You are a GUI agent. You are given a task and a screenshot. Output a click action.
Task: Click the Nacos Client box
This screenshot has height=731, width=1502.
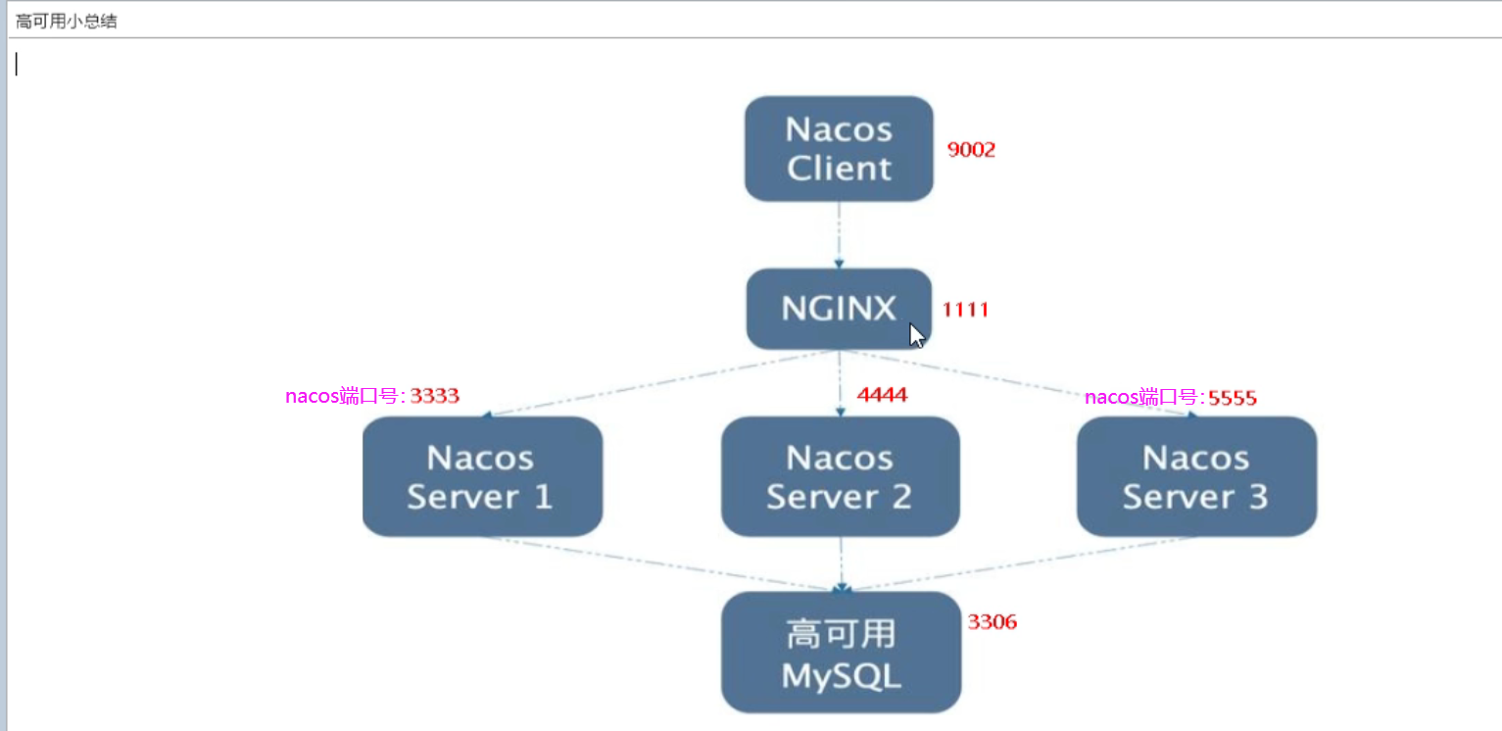point(839,149)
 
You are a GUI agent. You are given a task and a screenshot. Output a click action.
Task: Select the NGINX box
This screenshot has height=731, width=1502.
point(839,309)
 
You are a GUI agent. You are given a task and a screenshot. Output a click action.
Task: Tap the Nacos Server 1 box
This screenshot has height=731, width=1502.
point(482,476)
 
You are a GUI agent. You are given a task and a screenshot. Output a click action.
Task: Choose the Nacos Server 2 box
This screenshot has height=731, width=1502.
point(840,476)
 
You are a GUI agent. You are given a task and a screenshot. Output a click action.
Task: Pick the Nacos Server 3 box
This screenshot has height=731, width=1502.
point(1196,476)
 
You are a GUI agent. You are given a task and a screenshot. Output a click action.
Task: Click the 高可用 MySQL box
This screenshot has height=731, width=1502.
point(841,653)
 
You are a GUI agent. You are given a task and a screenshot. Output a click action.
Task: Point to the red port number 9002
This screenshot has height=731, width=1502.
point(971,150)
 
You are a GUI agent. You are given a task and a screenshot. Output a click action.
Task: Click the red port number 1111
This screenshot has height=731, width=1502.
point(965,310)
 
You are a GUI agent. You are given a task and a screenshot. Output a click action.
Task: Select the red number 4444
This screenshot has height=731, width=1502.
point(882,395)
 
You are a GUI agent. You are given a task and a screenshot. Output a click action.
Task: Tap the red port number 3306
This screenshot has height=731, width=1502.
point(993,621)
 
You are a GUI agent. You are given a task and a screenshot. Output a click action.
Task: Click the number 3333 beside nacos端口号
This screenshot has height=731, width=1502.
point(434,397)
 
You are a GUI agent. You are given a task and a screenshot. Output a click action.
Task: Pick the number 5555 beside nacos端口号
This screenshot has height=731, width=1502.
point(1232,398)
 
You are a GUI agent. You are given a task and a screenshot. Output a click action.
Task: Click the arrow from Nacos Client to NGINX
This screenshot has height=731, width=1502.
point(839,235)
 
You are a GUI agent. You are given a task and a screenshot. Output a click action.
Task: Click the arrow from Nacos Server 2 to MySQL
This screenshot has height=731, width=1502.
point(841,564)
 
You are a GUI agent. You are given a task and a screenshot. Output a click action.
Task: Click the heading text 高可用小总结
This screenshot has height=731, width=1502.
point(66,21)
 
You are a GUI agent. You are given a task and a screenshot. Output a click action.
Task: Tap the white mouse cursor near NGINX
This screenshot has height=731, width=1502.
point(916,335)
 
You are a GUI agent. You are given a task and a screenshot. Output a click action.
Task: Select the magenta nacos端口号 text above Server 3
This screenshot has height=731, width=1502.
point(1144,398)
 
